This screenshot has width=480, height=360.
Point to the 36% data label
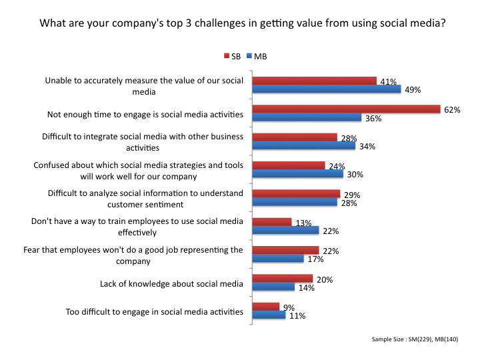point(372,118)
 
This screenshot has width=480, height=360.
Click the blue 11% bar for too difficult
point(268,315)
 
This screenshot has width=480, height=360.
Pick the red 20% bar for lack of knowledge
point(281,278)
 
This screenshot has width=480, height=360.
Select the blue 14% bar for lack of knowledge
point(273,287)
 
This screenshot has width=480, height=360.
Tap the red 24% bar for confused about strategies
point(288,165)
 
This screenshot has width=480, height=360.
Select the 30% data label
point(354,175)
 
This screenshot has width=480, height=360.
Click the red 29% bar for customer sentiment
point(295,193)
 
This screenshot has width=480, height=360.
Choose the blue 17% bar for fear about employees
point(277,259)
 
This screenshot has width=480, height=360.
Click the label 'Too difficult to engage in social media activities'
point(154,311)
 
